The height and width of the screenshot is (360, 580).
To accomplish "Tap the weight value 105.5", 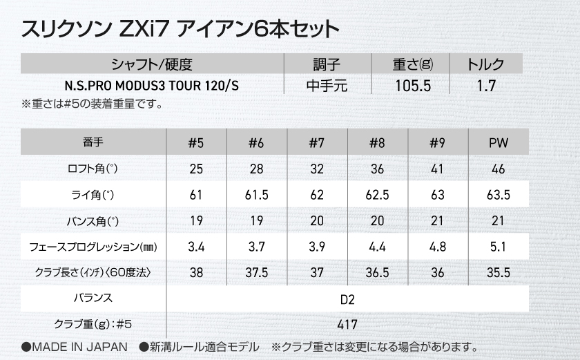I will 412,87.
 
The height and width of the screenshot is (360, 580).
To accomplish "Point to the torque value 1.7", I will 485,87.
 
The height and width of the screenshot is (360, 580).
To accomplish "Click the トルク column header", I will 485,66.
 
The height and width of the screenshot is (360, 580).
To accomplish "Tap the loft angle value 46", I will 497,169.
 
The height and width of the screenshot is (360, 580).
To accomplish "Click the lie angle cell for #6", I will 256,195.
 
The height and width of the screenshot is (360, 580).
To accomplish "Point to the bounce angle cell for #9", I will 437,221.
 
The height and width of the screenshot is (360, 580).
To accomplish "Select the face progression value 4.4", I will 377,247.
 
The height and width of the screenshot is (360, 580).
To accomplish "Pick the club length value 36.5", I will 377,273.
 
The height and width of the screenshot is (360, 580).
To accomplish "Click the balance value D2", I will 347,299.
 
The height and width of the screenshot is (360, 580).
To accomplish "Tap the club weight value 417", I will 347,324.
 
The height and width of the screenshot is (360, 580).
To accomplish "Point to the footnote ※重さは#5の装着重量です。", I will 93,105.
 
